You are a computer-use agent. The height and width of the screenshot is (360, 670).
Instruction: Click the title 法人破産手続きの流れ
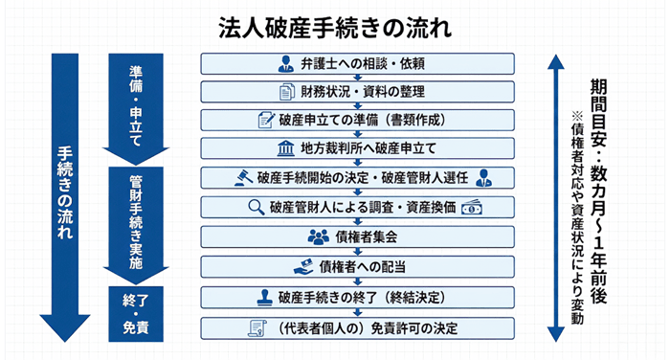334,25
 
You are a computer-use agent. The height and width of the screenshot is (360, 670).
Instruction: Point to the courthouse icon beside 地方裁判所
258,149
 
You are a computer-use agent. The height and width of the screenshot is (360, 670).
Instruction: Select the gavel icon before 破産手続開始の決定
238,178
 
